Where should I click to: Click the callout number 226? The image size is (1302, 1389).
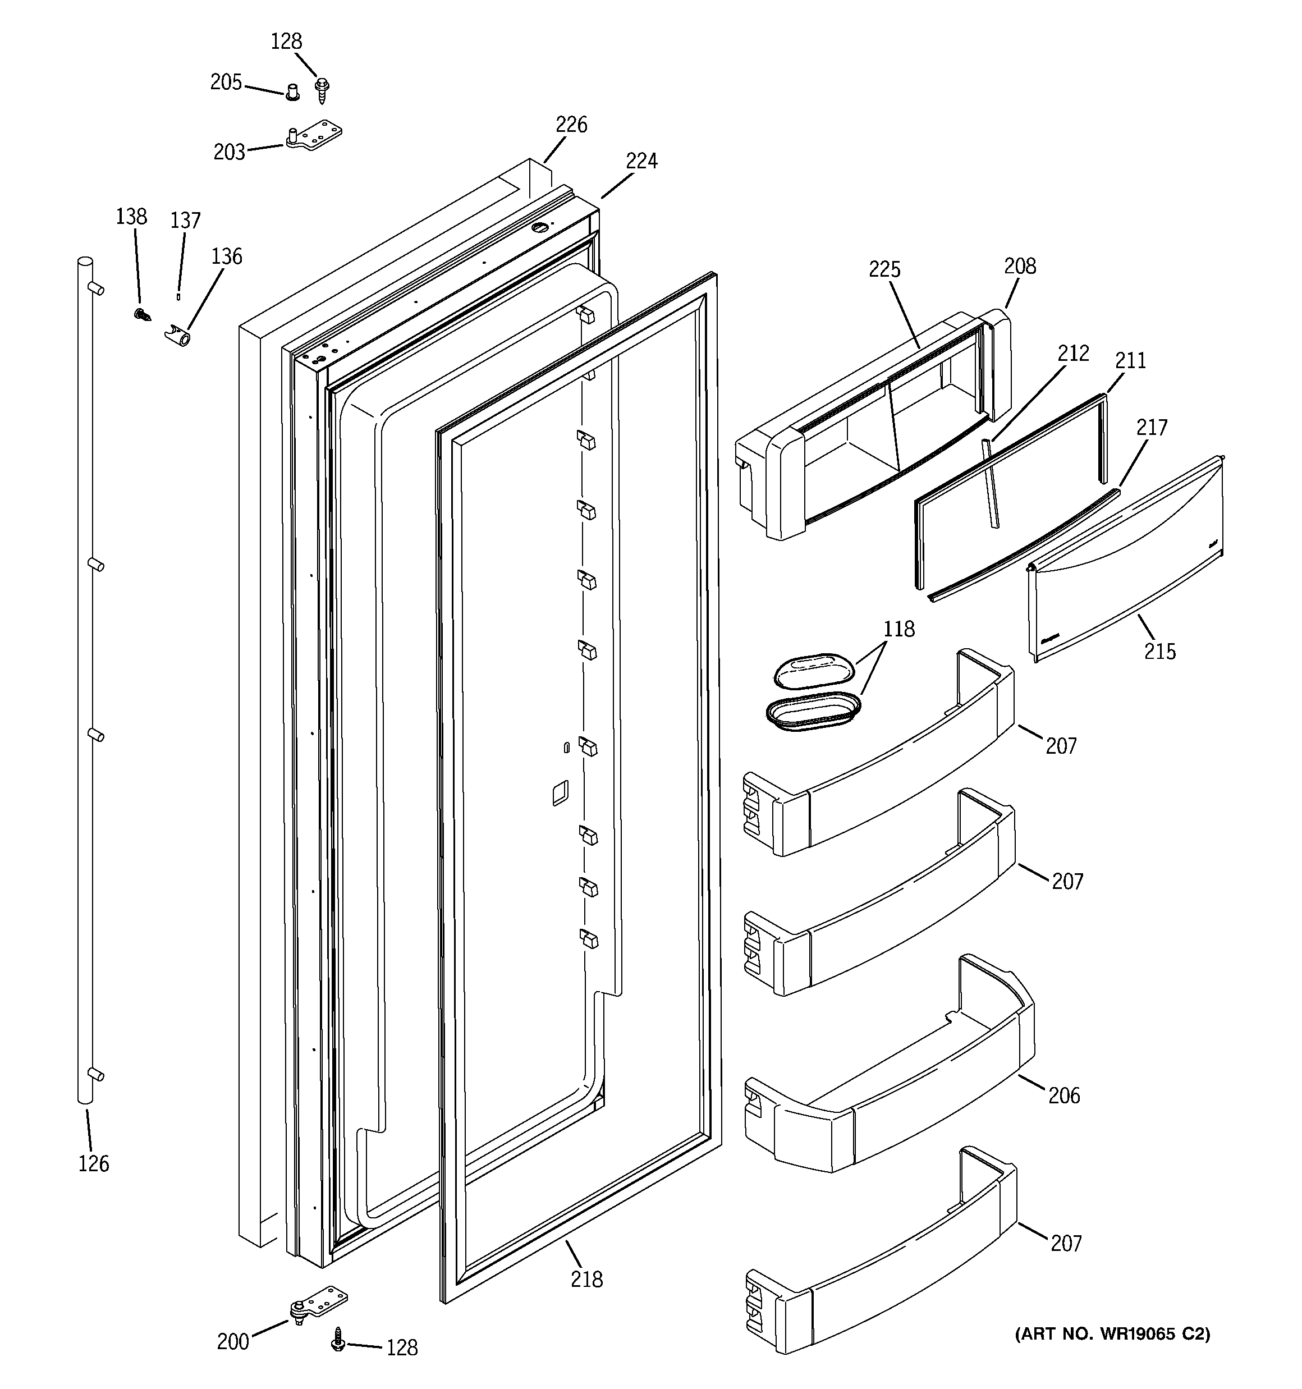pyautogui.click(x=571, y=125)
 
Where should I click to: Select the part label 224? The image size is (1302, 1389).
pyautogui.click(x=641, y=162)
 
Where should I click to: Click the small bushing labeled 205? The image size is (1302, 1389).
pyautogui.click(x=292, y=91)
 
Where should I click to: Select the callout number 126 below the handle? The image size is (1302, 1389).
pyautogui.click(x=94, y=1164)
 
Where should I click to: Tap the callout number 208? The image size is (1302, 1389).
pyautogui.click(x=1020, y=265)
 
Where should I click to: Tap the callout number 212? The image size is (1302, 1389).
pyautogui.click(x=1073, y=354)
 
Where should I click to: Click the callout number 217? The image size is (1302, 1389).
pyautogui.click(x=1151, y=427)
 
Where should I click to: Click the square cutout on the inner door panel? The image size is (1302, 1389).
pyautogui.click(x=560, y=793)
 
